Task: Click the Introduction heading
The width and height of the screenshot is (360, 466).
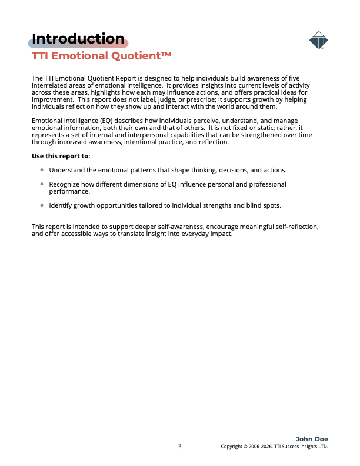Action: click(x=78, y=39)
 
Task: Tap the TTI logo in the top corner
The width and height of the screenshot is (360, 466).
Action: click(x=318, y=41)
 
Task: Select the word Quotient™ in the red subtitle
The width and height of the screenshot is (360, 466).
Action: click(x=145, y=56)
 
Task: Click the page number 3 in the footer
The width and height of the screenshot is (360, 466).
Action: click(x=180, y=446)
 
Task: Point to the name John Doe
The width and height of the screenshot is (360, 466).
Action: click(x=312, y=439)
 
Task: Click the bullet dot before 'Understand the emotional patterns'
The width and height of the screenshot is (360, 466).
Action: click(x=42, y=169)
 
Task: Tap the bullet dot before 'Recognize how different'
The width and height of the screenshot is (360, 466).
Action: click(x=42, y=184)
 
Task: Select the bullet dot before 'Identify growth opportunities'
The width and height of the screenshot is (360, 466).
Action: click(x=42, y=205)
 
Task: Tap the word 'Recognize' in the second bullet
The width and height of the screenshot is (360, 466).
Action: click(x=66, y=184)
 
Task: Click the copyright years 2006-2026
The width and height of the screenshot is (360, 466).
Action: click(x=261, y=447)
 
